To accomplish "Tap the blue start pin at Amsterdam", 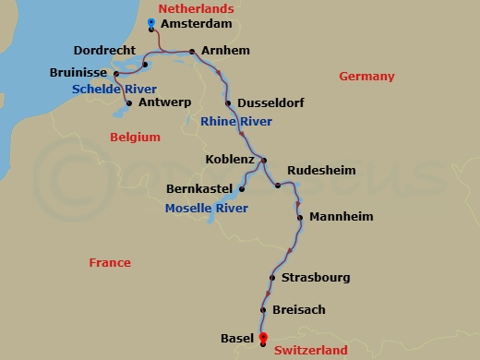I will tap(150, 22).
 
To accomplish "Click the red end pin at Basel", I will tap(263, 338).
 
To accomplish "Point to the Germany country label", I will tap(366, 77).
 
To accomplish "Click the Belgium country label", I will tap(135, 137).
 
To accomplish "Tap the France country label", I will tap(110, 263).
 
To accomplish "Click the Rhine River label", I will tap(235, 121).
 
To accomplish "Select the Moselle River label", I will tap(206, 209).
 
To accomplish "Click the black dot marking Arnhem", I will tap(192, 52).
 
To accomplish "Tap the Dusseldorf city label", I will tap(270, 102).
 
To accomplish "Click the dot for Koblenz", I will tap(264, 161).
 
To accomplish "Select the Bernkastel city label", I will tap(199, 189).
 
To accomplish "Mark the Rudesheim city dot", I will tap(278, 186).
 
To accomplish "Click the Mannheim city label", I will tap(342, 217).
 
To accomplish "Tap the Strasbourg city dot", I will tap(272, 278).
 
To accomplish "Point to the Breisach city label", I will tap(299, 310).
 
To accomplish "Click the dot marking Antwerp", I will tap(128, 103).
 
